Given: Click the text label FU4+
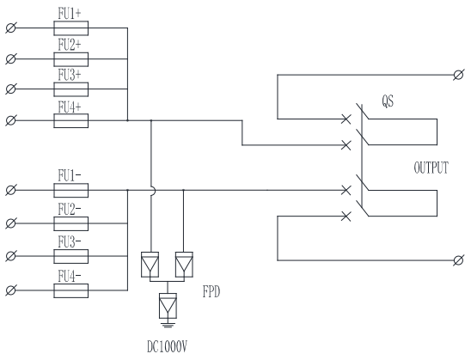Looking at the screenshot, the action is (x=70, y=107).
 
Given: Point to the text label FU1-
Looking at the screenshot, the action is (x=70, y=175).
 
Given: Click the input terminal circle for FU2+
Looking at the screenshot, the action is (x=11, y=58).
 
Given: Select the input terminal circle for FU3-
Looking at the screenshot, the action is (x=11, y=256).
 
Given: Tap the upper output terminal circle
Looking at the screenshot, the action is (x=458, y=75).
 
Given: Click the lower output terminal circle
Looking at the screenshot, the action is (x=458, y=260).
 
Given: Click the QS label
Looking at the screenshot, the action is (x=388, y=101).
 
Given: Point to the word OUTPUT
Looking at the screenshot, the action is (x=431, y=168).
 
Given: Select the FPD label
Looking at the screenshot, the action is (x=211, y=291).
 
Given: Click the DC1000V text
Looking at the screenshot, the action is (x=167, y=347).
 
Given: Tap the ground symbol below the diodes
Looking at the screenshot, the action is (x=168, y=325).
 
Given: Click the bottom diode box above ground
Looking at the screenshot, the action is (x=168, y=306).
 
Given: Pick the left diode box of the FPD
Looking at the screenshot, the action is (x=150, y=265).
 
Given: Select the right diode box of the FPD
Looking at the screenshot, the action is (x=184, y=265).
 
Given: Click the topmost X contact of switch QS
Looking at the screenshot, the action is (x=346, y=119).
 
